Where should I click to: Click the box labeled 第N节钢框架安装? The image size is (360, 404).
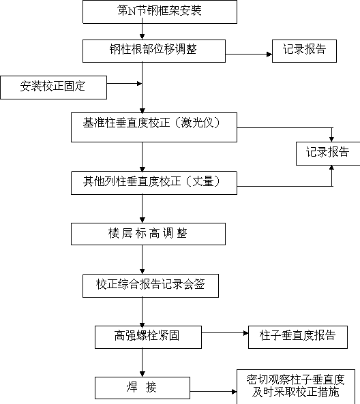click(x=160, y=12)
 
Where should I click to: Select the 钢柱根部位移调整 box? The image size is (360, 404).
click(x=154, y=51)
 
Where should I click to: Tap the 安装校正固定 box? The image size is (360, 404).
click(x=53, y=87)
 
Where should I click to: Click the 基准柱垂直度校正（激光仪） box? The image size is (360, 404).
click(x=154, y=127)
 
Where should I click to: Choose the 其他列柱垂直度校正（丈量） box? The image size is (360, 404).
click(x=154, y=183)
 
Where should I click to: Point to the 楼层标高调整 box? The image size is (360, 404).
click(x=148, y=234)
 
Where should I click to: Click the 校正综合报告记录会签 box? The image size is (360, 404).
click(x=151, y=285)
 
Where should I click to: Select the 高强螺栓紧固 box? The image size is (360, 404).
click(x=148, y=337)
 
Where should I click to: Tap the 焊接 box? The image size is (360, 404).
click(x=142, y=388)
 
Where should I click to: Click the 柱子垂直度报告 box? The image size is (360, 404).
click(x=298, y=337)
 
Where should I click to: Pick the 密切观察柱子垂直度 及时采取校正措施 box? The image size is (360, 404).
click(x=296, y=387)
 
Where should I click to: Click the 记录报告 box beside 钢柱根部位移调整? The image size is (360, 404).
click(x=304, y=51)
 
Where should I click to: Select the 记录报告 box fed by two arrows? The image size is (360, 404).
click(x=328, y=153)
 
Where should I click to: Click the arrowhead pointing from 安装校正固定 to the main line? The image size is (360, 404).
click(x=139, y=84)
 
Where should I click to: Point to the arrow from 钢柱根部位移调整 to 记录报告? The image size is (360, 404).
click(x=249, y=55)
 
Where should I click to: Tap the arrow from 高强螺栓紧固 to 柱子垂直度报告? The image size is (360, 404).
click(x=225, y=333)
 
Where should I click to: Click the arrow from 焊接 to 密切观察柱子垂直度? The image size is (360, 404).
click(x=213, y=392)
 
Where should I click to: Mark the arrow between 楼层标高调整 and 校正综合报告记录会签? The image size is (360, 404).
click(x=142, y=260)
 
